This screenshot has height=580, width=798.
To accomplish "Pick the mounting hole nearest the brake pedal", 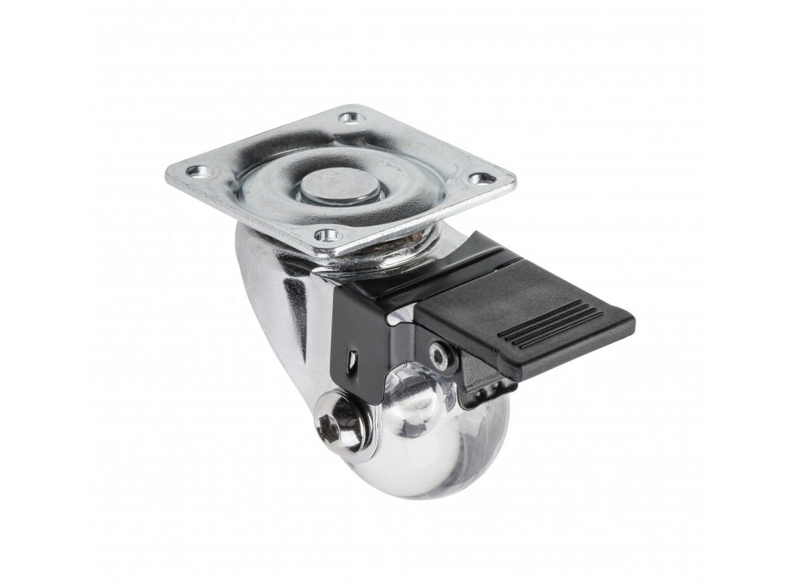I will [477, 179].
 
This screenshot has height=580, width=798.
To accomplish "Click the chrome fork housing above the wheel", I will [276, 304].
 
